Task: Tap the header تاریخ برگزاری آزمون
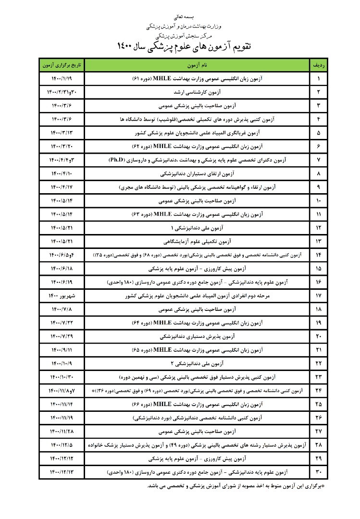[x=62, y=64]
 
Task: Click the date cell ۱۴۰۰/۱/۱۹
[x=62, y=78]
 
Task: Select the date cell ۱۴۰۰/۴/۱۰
[x=62, y=172]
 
